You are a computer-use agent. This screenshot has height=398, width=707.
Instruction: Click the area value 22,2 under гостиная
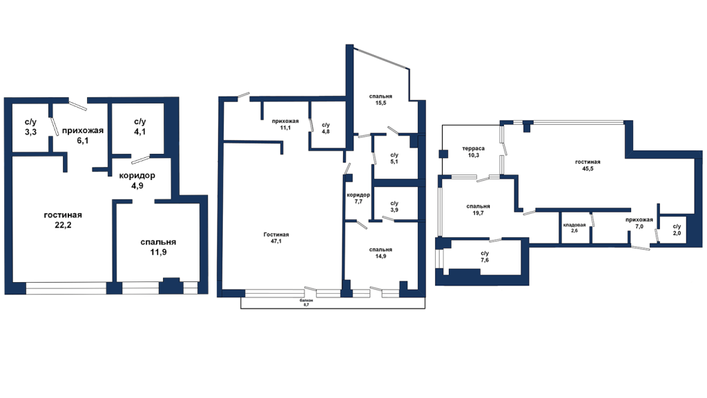point(63,225)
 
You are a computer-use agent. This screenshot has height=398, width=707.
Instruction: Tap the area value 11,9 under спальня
point(158,252)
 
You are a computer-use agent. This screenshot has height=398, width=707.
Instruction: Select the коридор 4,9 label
point(137,181)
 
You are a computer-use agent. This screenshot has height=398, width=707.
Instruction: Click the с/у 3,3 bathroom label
point(30,127)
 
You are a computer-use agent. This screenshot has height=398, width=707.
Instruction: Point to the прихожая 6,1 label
point(83,135)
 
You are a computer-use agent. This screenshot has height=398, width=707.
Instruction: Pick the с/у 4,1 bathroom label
point(139,127)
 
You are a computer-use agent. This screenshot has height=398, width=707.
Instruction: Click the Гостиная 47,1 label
point(276,238)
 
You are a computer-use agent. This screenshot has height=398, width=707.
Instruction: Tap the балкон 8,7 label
point(306,303)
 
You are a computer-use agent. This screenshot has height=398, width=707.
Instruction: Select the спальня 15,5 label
point(380,99)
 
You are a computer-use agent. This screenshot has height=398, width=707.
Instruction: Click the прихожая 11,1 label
point(285,124)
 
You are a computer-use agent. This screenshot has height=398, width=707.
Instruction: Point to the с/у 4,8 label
point(326,128)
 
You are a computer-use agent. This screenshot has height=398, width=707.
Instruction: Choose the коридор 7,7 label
point(358,198)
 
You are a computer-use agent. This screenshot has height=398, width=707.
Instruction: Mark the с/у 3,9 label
point(394,207)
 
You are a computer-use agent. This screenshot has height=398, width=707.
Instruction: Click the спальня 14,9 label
point(380,252)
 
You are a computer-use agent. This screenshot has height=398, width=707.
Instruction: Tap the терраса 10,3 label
point(474,152)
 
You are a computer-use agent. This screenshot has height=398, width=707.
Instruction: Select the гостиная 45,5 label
point(588,166)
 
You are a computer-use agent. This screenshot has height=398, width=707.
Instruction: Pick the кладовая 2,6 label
point(574,228)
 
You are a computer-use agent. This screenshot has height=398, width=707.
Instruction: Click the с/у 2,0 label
point(677,230)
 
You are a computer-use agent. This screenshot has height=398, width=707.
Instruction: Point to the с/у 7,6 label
point(485,257)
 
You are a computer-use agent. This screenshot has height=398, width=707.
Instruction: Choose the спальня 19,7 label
point(478,210)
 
